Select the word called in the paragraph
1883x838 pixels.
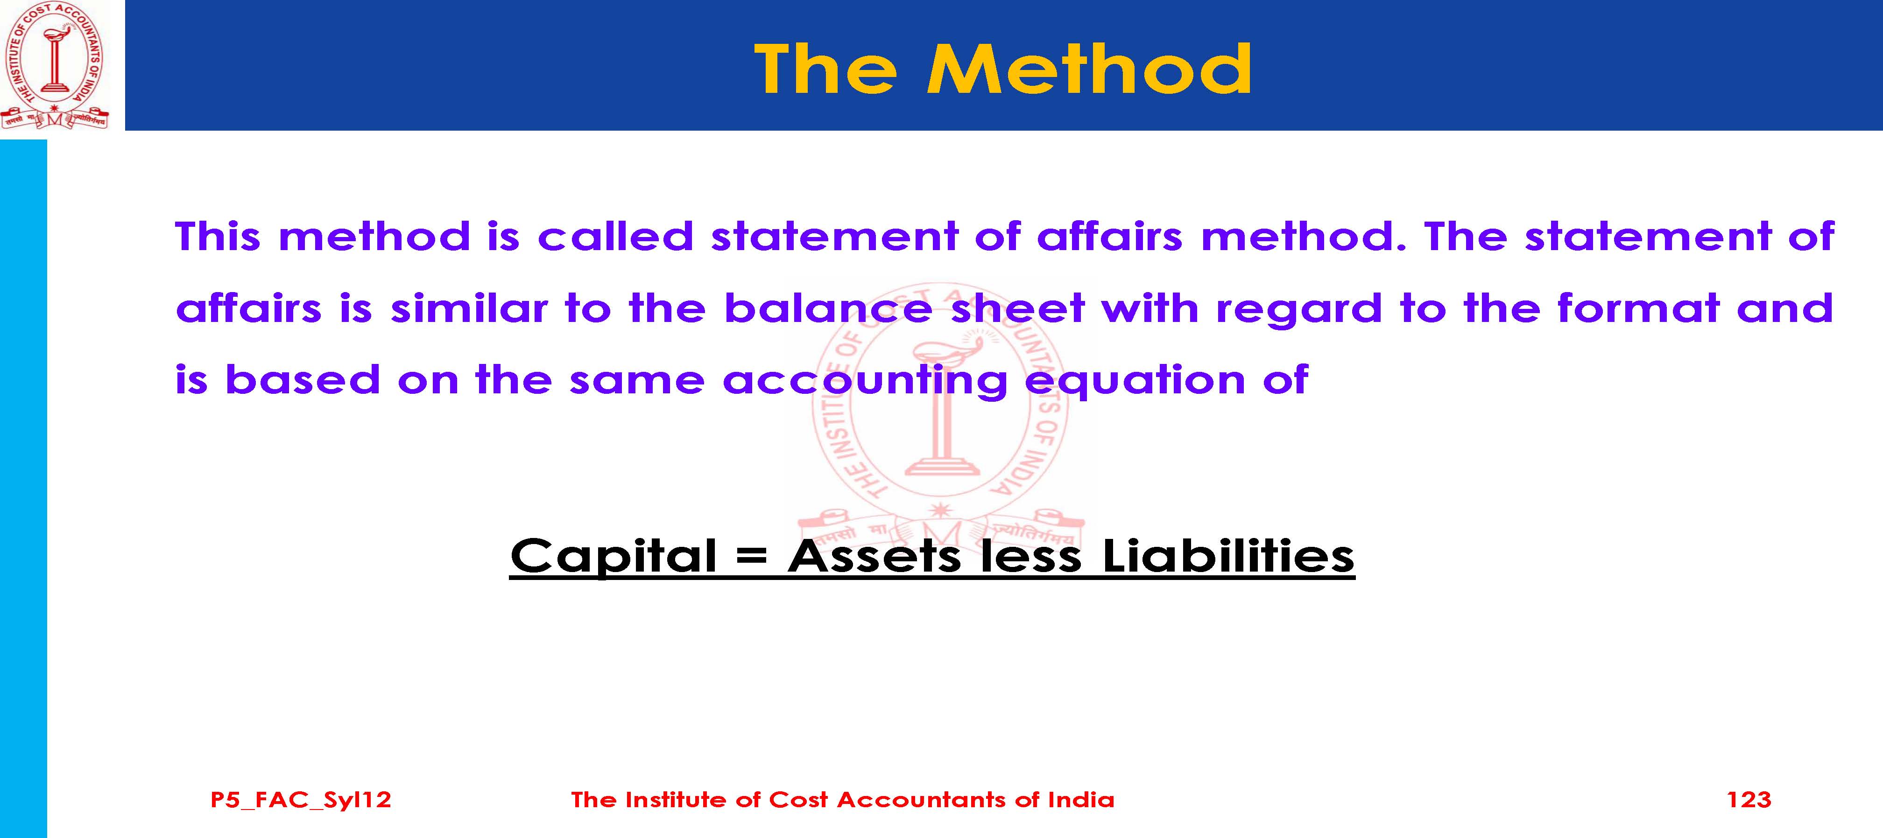point(615,236)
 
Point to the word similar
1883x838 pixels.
point(469,307)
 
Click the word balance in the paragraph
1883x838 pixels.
point(828,307)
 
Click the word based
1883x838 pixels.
point(303,379)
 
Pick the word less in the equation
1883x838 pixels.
point(1031,556)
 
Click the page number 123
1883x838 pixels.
point(1749,799)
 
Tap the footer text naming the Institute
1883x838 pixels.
point(843,799)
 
